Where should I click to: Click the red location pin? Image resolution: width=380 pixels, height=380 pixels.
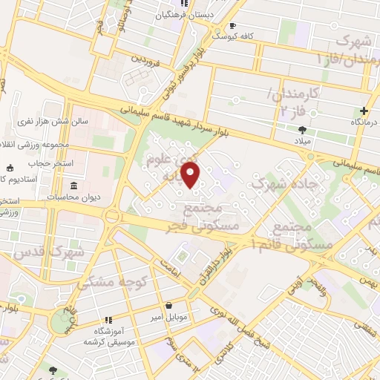191,174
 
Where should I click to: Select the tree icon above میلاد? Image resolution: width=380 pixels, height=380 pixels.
301,128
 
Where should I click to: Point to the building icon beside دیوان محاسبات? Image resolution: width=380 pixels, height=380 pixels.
73,186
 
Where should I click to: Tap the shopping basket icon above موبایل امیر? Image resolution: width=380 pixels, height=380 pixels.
170,304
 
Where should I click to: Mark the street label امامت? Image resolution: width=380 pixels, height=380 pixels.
171,273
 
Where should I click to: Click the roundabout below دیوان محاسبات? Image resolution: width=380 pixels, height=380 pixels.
114,216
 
